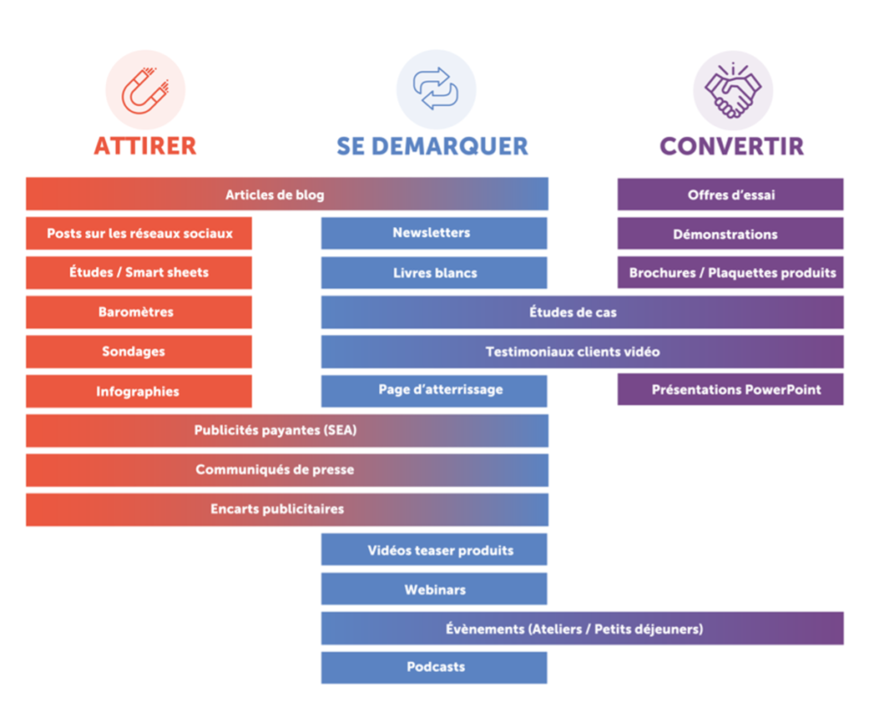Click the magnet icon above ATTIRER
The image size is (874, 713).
click(x=145, y=90)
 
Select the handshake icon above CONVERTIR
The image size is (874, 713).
click(x=732, y=90)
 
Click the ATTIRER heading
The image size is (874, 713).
click(x=145, y=146)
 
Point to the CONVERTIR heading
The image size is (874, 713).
click(x=731, y=146)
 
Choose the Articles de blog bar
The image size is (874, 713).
click(x=287, y=194)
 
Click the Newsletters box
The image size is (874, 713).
click(x=434, y=233)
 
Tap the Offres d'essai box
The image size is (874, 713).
click(x=731, y=194)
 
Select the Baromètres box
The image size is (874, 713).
click(x=138, y=312)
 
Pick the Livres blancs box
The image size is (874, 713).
click(x=434, y=273)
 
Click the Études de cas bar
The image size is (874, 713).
click(x=582, y=312)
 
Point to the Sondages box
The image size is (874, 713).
click(x=138, y=351)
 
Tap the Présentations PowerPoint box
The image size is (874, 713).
click(x=731, y=390)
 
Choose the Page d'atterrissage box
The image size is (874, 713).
click(x=434, y=391)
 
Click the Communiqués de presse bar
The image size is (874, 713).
click(x=287, y=470)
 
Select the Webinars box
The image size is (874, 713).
click(x=434, y=589)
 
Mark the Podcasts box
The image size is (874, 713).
click(x=434, y=667)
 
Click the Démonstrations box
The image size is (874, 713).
click(x=731, y=234)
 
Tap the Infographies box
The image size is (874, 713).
click(x=138, y=391)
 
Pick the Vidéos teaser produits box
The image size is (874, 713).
click(x=434, y=550)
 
